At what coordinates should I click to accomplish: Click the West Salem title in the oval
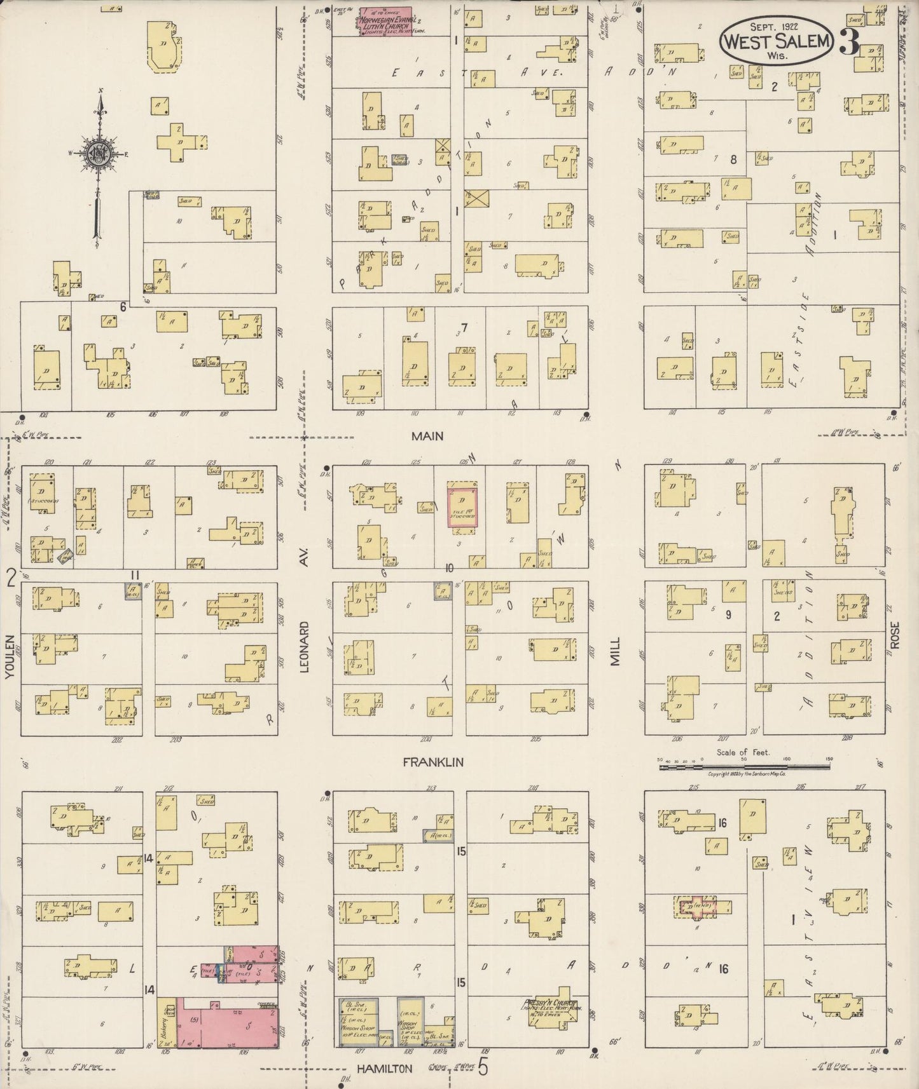(776, 41)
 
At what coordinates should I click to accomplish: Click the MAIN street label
(427, 436)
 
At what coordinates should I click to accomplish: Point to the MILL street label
(615, 651)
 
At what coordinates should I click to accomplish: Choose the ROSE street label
(895, 635)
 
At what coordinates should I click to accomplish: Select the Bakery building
(167, 1028)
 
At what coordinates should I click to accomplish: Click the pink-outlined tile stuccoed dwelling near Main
(462, 508)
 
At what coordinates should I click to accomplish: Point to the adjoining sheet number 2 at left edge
(11, 579)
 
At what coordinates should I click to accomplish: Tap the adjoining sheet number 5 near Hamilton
(483, 1068)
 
